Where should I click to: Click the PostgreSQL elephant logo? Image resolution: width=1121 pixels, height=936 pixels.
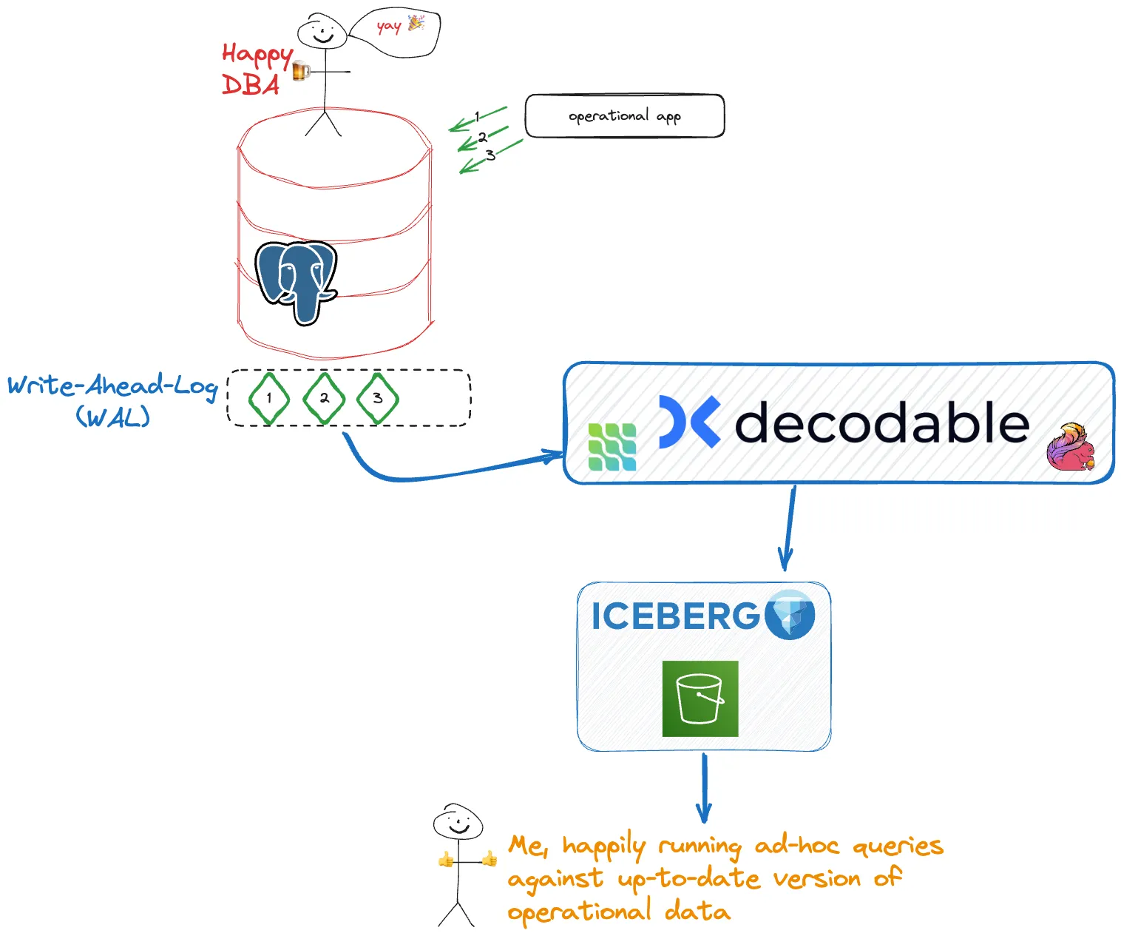point(297,281)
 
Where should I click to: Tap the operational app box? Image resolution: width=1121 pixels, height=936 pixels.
point(624,116)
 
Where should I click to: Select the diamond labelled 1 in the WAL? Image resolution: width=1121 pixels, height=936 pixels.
point(268,398)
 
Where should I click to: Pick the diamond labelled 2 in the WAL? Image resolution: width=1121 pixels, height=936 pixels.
point(324,398)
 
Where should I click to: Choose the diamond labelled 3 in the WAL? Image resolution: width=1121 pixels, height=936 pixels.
point(377,398)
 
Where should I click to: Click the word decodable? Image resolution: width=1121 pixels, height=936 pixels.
point(881,422)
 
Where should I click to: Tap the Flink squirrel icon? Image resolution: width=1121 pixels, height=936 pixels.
point(1071,447)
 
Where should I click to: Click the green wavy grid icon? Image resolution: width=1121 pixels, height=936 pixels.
point(612,447)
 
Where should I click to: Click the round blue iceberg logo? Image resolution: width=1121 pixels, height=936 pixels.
point(790,614)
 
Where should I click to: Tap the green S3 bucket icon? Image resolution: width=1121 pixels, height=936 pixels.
point(700,698)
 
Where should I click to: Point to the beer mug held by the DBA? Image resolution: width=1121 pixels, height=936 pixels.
point(300,71)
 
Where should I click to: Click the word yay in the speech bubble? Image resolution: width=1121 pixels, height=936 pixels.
point(388,27)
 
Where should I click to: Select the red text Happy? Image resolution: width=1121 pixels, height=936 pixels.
point(257,55)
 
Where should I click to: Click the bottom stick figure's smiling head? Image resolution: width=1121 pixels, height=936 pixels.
point(458,823)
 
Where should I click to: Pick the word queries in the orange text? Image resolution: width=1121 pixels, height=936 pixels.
point(898,846)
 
